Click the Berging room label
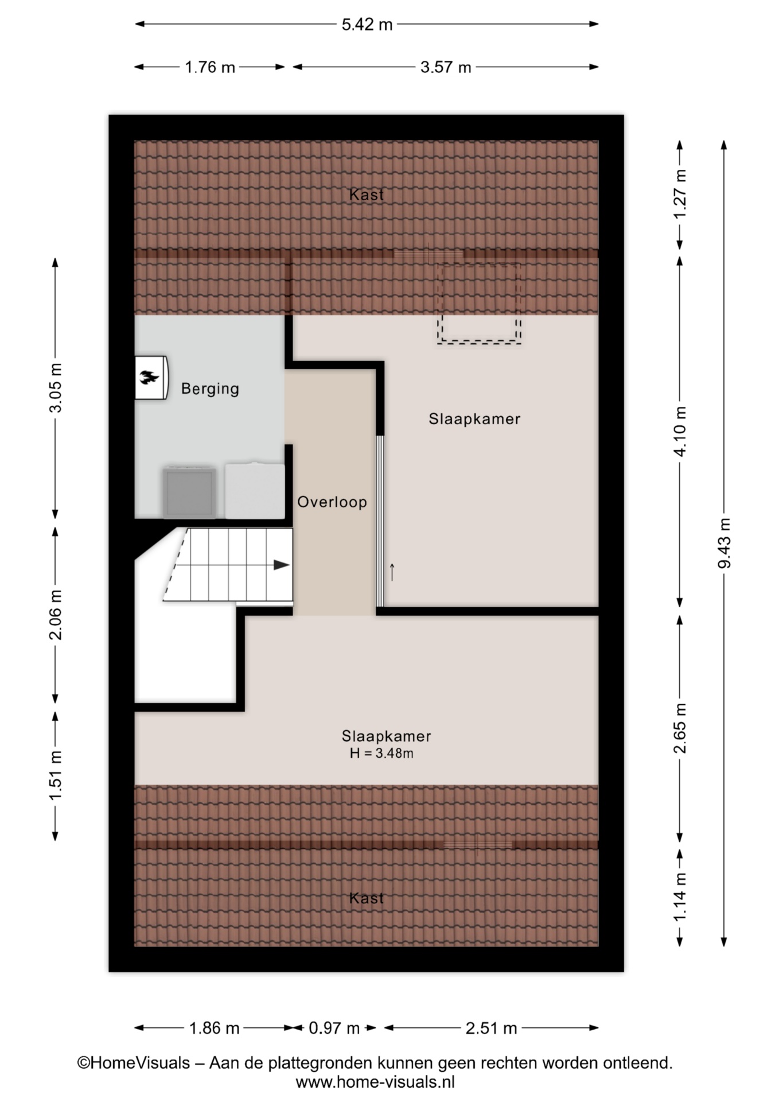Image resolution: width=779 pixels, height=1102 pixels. [210, 389]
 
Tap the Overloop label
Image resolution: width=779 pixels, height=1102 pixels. [332, 502]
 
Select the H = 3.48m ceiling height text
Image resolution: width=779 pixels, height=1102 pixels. [381, 754]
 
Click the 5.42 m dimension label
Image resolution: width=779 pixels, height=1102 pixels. [367, 24]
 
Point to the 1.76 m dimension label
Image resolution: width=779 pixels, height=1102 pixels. [210, 67]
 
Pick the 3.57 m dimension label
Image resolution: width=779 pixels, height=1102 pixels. [446, 67]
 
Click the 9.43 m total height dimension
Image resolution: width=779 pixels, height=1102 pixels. [724, 543]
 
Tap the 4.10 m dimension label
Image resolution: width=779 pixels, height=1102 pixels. [680, 431]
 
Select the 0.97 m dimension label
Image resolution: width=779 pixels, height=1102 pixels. [334, 1028]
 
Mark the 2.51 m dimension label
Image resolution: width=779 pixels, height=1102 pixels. [491, 1028]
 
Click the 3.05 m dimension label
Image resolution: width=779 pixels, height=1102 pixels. [56, 387]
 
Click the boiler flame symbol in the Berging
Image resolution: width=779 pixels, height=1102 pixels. [149, 377]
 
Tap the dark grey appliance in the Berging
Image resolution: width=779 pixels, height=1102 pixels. [189, 492]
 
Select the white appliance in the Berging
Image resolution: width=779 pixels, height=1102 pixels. [255, 491]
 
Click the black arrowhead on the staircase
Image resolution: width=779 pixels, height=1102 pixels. [281, 565]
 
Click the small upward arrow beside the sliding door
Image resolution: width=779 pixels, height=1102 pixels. [392, 572]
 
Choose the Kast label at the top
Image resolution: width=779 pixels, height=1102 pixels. [367, 195]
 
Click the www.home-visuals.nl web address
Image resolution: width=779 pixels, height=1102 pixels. [375, 1082]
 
